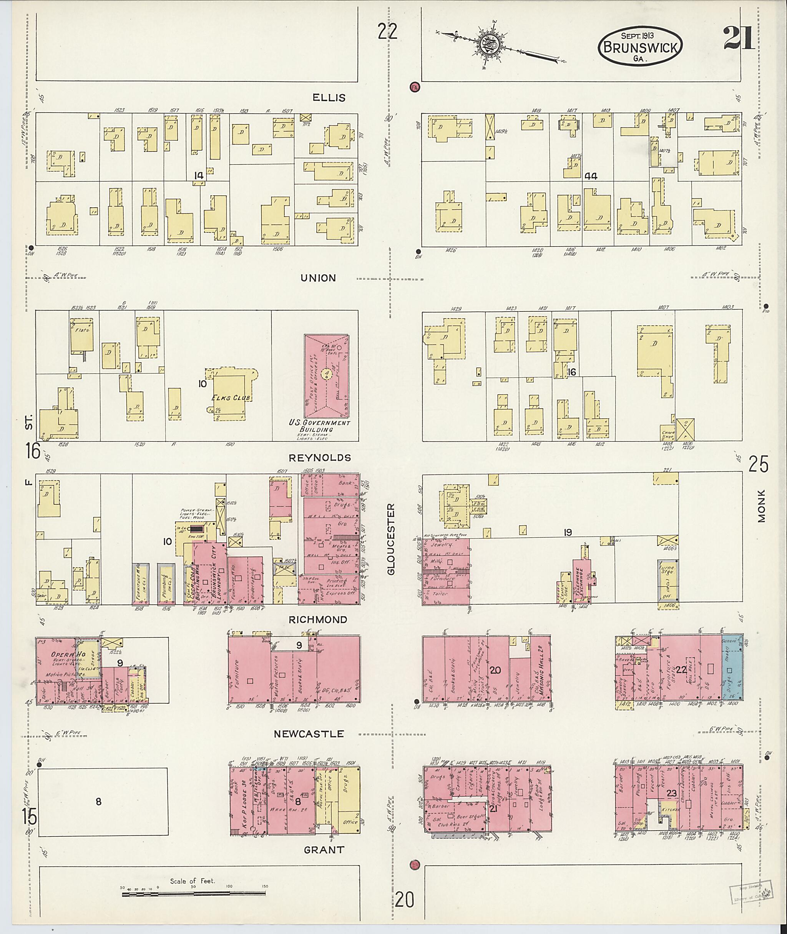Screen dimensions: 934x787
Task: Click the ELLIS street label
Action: click(329, 97)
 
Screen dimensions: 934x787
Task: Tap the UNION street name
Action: click(318, 278)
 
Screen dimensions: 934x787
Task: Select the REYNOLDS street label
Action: click(319, 458)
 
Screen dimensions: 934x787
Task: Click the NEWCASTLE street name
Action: click(309, 734)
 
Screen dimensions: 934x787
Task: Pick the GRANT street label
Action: click(324, 850)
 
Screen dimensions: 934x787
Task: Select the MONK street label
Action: click(761, 506)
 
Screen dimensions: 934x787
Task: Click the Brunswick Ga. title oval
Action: click(640, 47)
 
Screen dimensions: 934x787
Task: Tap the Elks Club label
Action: click(231, 397)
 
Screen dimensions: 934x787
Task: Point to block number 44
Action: click(591, 176)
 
